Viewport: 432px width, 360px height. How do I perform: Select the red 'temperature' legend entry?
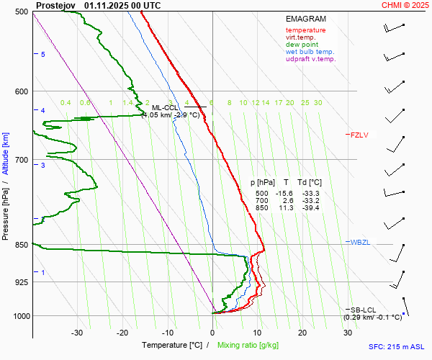click(305, 30)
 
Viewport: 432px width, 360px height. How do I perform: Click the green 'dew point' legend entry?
click(301, 45)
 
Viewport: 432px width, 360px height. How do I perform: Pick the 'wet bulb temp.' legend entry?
click(310, 52)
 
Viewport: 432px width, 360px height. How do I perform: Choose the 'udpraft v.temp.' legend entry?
click(310, 59)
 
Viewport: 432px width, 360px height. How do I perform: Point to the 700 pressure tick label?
click(22, 159)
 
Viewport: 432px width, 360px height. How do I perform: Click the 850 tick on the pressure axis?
click(22, 245)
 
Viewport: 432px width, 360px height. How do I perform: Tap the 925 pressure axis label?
click(22, 282)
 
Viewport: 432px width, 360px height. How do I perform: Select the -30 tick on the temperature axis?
click(77, 333)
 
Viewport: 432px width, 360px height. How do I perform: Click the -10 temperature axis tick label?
click(167, 333)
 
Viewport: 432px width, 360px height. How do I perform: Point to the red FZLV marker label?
click(359, 135)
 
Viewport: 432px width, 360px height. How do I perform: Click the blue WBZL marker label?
click(360, 242)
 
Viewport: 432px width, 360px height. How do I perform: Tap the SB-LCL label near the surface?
click(364, 310)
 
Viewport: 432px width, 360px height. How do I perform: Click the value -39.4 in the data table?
click(311, 207)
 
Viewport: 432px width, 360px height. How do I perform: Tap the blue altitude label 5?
click(43, 55)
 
